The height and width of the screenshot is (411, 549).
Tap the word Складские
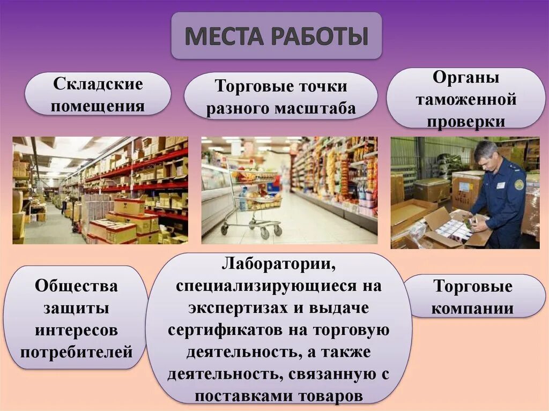(x=98, y=84)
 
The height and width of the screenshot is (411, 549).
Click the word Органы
(x=466, y=78)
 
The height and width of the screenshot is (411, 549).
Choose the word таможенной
(x=466, y=99)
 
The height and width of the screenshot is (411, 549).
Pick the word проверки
(x=466, y=121)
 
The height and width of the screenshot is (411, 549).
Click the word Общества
(x=76, y=286)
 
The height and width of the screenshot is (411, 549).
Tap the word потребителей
(x=76, y=352)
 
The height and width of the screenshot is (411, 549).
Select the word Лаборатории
(x=279, y=265)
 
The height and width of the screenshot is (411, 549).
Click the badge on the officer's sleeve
(x=518, y=184)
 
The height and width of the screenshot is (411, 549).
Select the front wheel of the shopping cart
(x=264, y=234)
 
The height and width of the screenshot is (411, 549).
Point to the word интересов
(x=76, y=330)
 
